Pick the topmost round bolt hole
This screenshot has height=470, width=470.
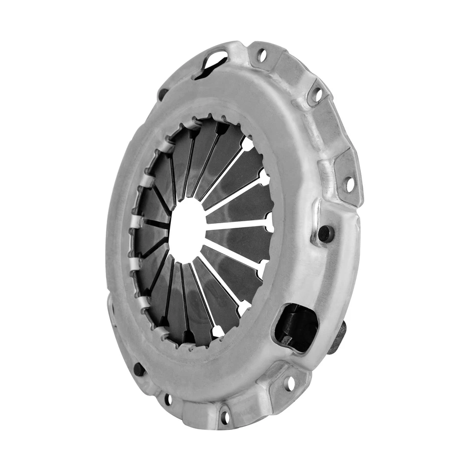tap(262, 55)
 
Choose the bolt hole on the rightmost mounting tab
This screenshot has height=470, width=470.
tap(350, 184)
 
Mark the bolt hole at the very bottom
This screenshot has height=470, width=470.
tap(225, 417)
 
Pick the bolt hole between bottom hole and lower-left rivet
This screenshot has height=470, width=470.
tap(168, 399)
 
